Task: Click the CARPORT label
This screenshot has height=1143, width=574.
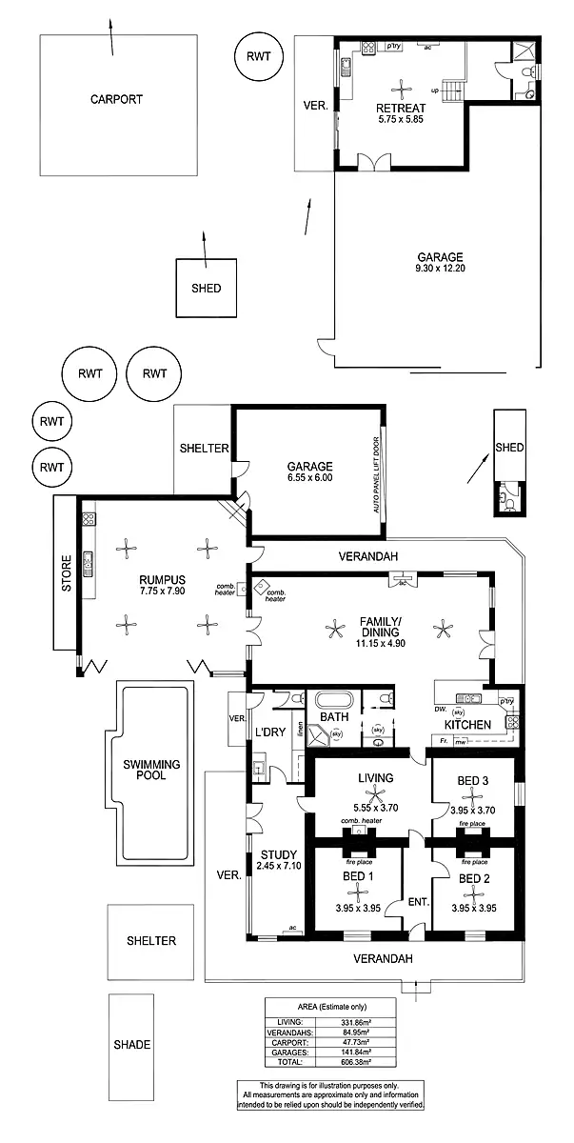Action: point(116,99)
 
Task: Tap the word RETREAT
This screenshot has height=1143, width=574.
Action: point(400,108)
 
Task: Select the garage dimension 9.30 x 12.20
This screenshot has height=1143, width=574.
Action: point(439,269)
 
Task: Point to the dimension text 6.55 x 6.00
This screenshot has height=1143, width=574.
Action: point(310,478)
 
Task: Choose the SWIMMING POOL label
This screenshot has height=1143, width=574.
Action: point(150,770)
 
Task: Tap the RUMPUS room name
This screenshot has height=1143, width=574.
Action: point(162,579)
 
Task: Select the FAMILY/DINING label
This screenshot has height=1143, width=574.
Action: point(381,627)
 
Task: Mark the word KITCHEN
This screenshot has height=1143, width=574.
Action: point(467,725)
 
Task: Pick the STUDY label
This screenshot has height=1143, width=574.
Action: point(278,854)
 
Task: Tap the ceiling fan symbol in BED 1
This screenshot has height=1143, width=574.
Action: point(358,891)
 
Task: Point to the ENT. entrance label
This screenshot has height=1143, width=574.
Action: point(417,901)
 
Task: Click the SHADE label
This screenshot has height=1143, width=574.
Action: point(131,1044)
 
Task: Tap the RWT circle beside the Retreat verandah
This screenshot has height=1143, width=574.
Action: point(259,56)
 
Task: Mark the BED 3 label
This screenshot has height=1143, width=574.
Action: point(473,781)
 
